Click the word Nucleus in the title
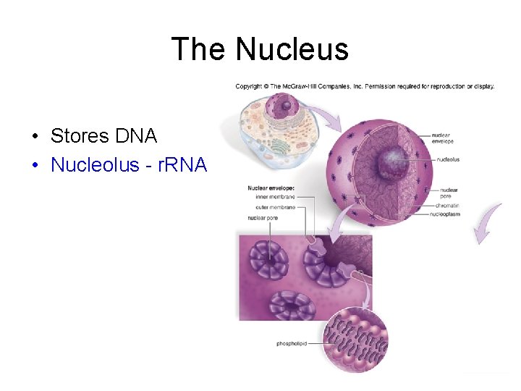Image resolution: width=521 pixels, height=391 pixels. (x=292, y=49)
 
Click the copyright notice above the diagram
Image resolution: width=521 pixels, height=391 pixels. (x=365, y=86)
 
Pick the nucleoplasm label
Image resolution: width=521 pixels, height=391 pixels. (x=444, y=214)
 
